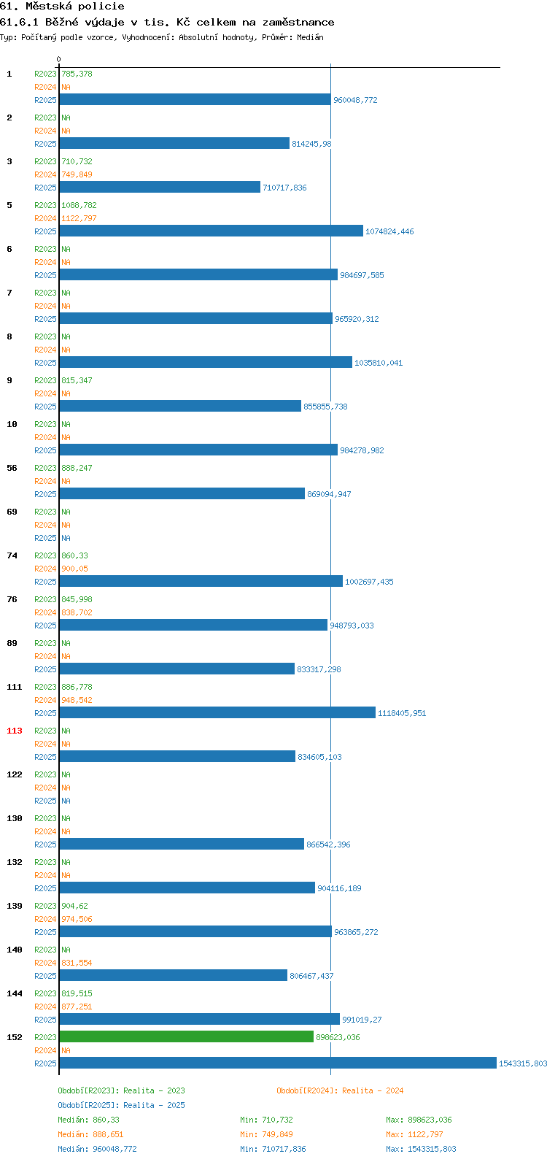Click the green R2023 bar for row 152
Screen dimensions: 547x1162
(187, 1036)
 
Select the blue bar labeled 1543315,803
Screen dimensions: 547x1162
(278, 1063)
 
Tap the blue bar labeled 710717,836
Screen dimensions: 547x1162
(160, 187)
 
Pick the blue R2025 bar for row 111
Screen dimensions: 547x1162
(217, 712)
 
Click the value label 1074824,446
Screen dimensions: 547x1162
(389, 231)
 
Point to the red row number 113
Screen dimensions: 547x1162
(15, 731)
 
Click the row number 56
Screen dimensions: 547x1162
(12, 468)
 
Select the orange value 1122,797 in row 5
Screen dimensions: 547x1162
(79, 218)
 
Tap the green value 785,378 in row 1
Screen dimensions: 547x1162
(77, 74)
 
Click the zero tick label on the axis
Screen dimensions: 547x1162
(58, 59)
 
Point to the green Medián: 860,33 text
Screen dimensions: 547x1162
(89, 1120)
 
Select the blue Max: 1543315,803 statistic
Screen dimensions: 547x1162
(421, 1149)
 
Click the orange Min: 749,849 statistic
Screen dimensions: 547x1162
(266, 1134)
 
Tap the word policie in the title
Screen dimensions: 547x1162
(101, 7)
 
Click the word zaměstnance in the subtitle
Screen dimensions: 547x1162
(298, 23)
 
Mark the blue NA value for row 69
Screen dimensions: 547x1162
(66, 538)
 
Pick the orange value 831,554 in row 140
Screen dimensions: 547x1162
(77, 962)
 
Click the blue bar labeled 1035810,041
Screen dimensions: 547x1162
(206, 362)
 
